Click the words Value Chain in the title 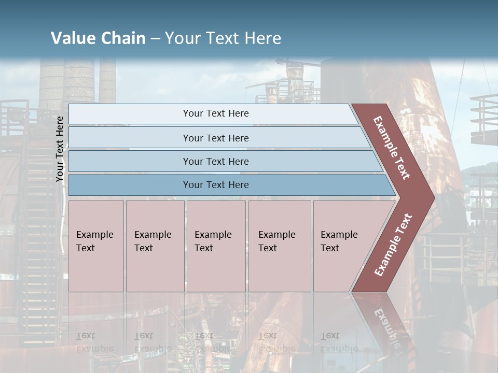98,38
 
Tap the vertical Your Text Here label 60,149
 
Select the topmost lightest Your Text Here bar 216,113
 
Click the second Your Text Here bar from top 216,138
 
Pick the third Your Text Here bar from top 216,161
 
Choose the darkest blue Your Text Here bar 216,185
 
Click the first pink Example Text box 96,246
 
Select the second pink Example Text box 155,246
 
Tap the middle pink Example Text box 216,246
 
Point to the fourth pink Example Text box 280,246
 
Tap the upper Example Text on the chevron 392,148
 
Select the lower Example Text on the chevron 393,245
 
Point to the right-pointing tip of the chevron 432,197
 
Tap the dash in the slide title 155,38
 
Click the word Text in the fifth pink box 330,248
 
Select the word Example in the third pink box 213,235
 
